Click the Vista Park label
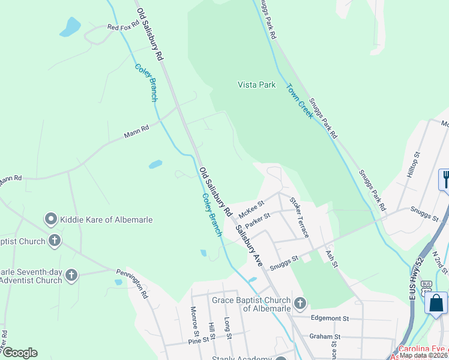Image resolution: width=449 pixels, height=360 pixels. click(x=256, y=85)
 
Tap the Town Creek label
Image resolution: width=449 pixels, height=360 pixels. click(x=300, y=101)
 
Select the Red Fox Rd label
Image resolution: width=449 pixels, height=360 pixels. click(x=123, y=26)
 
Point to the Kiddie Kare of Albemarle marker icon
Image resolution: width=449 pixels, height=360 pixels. click(x=51, y=220)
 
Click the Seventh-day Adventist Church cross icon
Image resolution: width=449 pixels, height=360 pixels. click(x=71, y=275)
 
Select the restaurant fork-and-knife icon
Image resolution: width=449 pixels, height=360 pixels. click(x=445, y=178)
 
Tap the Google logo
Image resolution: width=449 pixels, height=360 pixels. click(x=20, y=353)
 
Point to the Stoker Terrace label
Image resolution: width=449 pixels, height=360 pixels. click(x=299, y=217)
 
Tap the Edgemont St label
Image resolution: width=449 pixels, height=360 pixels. click(x=330, y=318)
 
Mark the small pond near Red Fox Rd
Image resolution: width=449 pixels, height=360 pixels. click(x=70, y=27)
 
